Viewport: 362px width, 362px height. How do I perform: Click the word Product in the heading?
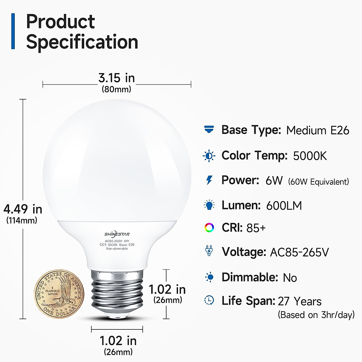pyautogui.click(x=60, y=22)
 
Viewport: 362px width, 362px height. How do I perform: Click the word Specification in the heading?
pyautogui.click(x=82, y=42)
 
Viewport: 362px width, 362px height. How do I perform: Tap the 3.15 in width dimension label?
pyautogui.click(x=116, y=78)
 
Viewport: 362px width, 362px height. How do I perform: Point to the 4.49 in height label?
pyautogui.click(x=23, y=209)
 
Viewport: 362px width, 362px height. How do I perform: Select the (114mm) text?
pyautogui.click(x=22, y=221)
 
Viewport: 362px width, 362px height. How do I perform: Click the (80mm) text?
pyautogui.click(x=116, y=89)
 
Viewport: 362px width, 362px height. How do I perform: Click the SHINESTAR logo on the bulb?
pyautogui.click(x=117, y=234)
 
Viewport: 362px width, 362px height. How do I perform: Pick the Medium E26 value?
pyautogui.click(x=318, y=130)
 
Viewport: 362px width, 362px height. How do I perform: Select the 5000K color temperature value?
pyautogui.click(x=310, y=156)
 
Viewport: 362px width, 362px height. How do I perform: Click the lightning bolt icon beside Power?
pyautogui.click(x=209, y=180)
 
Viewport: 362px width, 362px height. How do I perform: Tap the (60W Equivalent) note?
pyautogui.click(x=319, y=182)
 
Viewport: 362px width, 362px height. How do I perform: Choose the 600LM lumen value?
pyautogui.click(x=284, y=206)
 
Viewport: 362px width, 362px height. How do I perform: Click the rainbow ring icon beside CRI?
pyautogui.click(x=209, y=228)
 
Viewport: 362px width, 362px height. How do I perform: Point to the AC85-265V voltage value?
pyautogui.click(x=299, y=252)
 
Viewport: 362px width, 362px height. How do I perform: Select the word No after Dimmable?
pyautogui.click(x=290, y=278)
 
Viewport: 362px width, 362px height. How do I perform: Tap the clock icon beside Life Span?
pyautogui.click(x=209, y=300)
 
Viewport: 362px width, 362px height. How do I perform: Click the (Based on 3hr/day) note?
pyautogui.click(x=316, y=315)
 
